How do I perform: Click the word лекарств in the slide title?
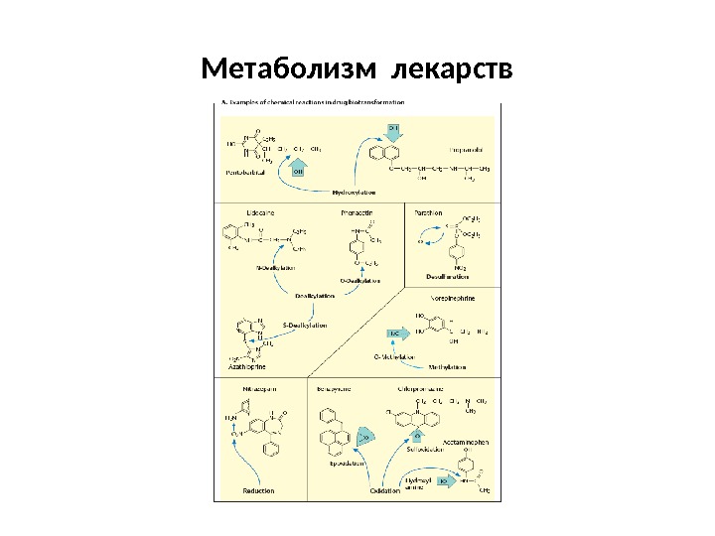453,70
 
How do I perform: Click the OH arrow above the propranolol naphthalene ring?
394,129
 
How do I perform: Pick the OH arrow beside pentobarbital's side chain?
298,171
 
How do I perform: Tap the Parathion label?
428,211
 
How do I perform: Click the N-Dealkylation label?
277,267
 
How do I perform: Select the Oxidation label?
384,490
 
